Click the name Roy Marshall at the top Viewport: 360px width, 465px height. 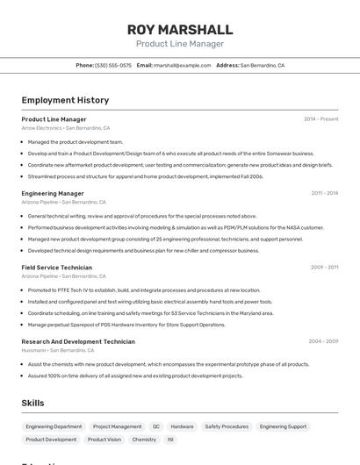coord(179,29)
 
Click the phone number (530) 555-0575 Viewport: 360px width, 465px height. coord(113,65)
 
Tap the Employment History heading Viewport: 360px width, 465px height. coord(65,101)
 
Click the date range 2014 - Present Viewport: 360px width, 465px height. coord(320,119)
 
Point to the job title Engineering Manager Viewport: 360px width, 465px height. coord(53,193)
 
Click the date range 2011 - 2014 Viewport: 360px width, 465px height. coord(324,193)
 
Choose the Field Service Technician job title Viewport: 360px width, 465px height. coord(56,268)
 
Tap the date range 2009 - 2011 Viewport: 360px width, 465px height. coord(324,268)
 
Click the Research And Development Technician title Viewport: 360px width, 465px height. coord(78,341)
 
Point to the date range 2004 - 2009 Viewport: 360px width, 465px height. coord(323,341)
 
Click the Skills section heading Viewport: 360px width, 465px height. coord(33,403)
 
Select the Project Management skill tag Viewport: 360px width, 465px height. coord(117,426)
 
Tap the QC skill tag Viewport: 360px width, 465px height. coord(156,426)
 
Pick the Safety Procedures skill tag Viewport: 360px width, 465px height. coord(227,426)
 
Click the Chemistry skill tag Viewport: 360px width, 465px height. coord(144,440)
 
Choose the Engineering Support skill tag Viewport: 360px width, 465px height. coord(283,426)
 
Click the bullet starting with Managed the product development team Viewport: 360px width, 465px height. coord(76,141)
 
